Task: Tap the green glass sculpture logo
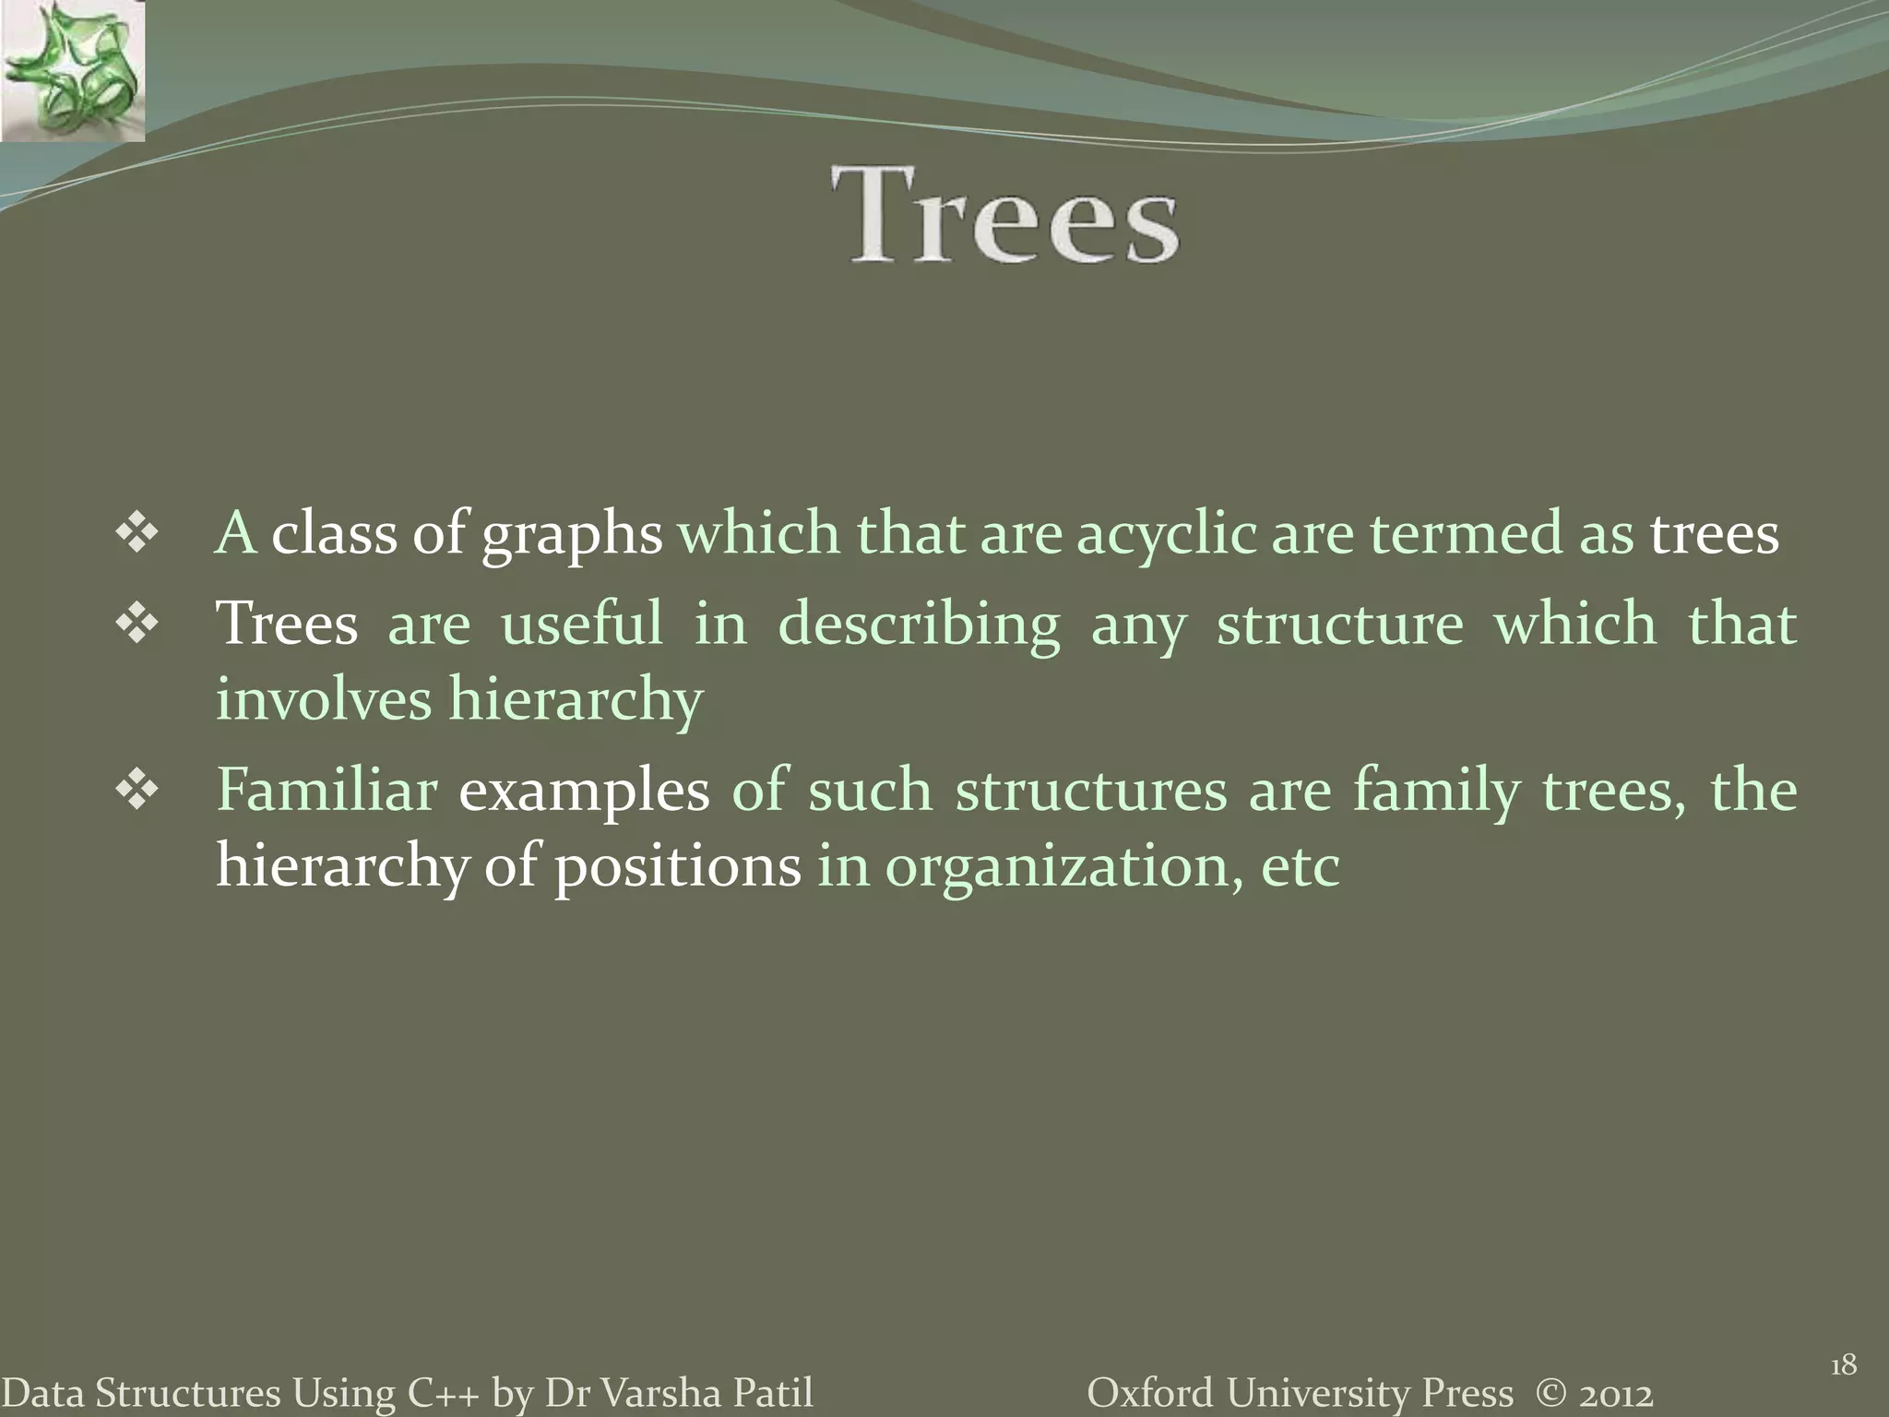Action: point(72,72)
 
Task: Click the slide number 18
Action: point(1843,1364)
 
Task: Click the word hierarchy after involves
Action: point(576,699)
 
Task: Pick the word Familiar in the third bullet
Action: point(327,792)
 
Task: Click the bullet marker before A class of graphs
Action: point(137,536)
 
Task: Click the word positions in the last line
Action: point(678,868)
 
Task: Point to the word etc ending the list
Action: point(1300,868)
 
